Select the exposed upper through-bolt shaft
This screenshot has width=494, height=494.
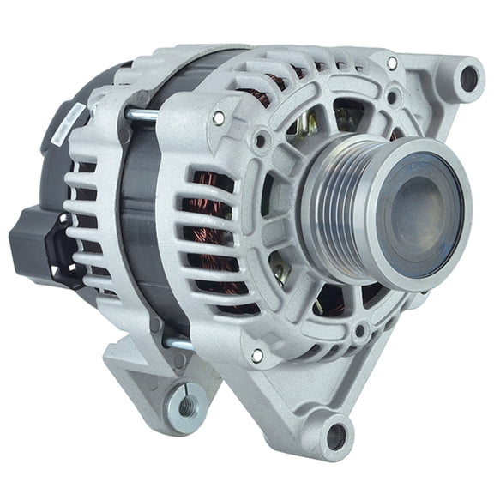point(142,113)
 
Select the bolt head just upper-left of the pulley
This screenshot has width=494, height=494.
point(260,136)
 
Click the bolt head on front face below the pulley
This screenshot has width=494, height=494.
point(360,328)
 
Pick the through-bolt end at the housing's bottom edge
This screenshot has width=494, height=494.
point(256,354)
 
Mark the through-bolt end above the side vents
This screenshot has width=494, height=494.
point(219,117)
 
